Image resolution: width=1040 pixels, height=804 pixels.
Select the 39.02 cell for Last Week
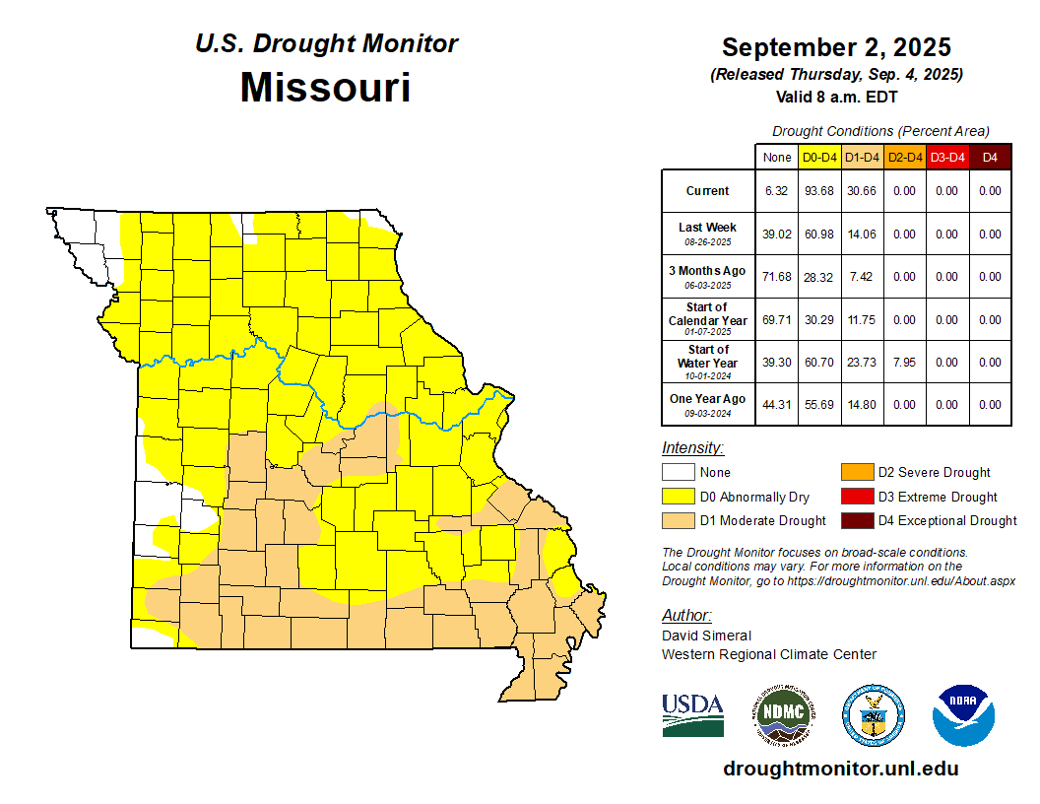[x=777, y=234]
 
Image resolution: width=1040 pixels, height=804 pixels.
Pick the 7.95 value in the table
[x=904, y=363]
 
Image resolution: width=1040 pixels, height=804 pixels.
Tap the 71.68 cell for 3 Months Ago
[x=777, y=277]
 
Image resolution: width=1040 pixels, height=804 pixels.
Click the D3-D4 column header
[x=946, y=157]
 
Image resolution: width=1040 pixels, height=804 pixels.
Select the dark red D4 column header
[x=990, y=157]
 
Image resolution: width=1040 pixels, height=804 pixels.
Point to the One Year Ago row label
[x=707, y=399]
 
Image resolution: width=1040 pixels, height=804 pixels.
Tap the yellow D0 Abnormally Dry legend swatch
[x=679, y=497]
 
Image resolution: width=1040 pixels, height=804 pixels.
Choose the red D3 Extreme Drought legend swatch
[x=856, y=497]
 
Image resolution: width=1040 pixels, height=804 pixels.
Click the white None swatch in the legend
[x=679, y=473]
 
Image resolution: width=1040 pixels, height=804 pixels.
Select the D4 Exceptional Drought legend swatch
[x=856, y=520]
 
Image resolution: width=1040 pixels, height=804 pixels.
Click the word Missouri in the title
[x=325, y=88]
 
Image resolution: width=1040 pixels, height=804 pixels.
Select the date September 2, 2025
[x=836, y=47]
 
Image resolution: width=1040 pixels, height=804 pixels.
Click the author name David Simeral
[x=706, y=636]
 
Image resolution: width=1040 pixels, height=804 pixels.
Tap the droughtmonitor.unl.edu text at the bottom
[x=840, y=769]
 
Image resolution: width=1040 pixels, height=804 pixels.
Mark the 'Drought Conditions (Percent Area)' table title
[x=880, y=131]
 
